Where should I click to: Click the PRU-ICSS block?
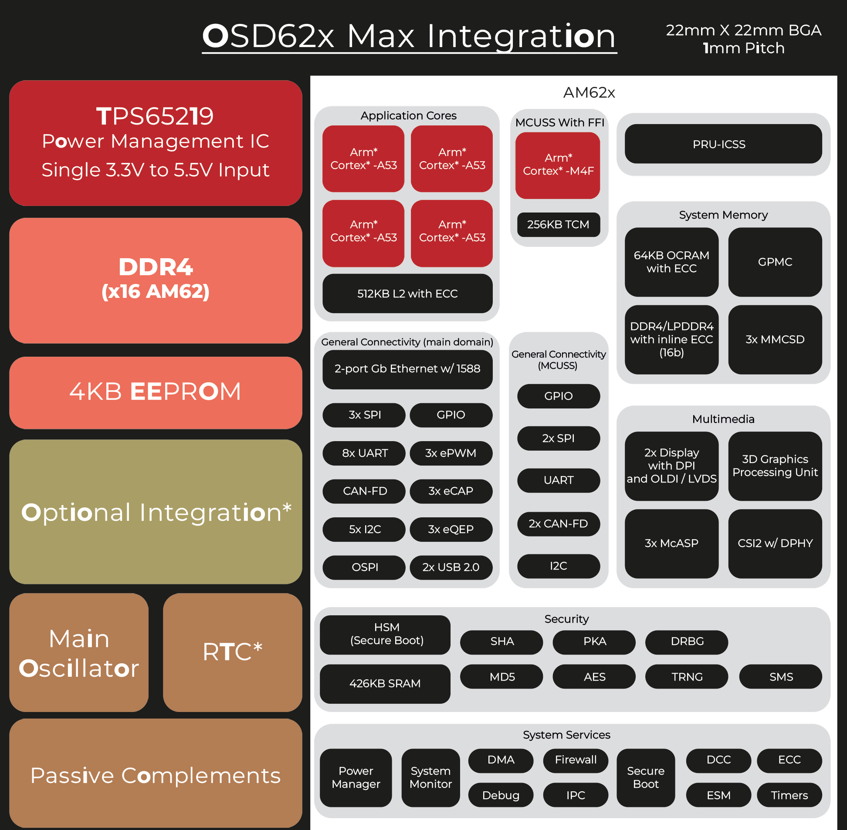pos(723,144)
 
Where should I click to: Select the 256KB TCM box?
pos(558,225)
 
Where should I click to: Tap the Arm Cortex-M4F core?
pos(558,165)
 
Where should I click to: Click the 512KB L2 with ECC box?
pos(407,294)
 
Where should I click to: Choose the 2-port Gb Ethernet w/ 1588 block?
pos(407,369)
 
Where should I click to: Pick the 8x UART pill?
pos(364,453)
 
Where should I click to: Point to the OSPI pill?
pos(364,567)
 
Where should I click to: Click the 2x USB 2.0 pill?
pos(451,567)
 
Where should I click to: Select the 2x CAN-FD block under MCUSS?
pos(558,523)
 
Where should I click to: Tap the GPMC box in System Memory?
pos(775,262)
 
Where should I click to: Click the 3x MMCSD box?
pos(775,340)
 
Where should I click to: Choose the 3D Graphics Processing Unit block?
pos(775,466)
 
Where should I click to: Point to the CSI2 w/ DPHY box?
pos(775,543)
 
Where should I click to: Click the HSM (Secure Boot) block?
pos(385,635)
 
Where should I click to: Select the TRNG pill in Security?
pos(687,677)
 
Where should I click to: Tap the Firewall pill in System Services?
pos(576,760)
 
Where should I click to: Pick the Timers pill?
pos(789,795)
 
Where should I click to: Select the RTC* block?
pos(233,653)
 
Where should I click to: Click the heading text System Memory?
pos(723,215)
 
